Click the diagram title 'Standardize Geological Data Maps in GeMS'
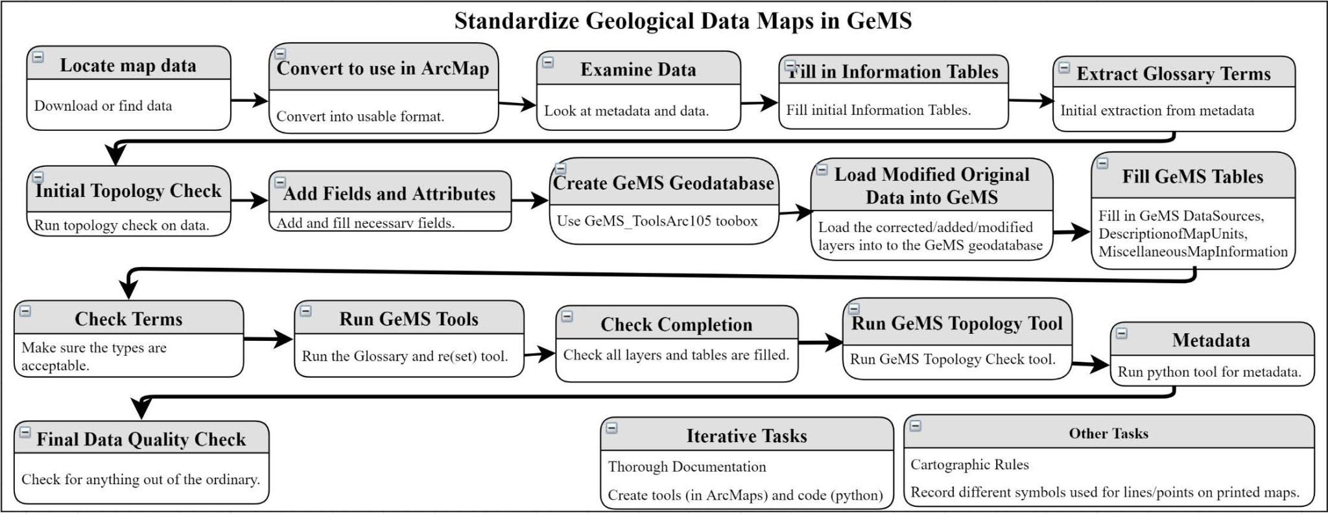[682, 21]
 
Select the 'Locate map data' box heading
[128, 65]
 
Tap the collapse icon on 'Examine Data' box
[548, 62]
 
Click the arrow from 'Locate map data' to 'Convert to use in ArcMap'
[250, 100]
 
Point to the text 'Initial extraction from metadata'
[1157, 110]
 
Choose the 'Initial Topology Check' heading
[128, 191]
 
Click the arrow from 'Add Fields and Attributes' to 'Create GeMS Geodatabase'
[530, 200]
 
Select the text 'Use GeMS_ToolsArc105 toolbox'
[657, 221]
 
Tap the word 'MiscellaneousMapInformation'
[1193, 251]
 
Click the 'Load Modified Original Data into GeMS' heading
[932, 186]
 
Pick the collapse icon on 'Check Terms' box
[25, 311]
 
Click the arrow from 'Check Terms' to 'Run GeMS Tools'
[268, 338]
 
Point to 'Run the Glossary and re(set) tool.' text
[405, 356]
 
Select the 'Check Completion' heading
[676, 324]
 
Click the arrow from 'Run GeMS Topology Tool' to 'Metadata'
[1091, 365]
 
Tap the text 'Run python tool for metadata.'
[1209, 372]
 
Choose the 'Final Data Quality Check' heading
[141, 439]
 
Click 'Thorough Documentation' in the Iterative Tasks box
[687, 467]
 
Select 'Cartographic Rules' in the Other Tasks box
[969, 465]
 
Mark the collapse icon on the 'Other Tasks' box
[916, 426]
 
